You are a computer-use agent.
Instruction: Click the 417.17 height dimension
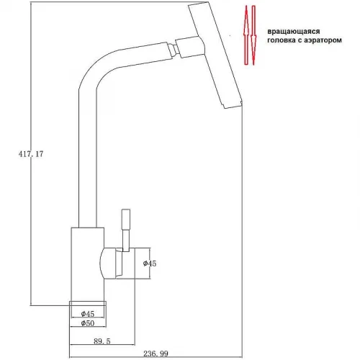[31, 154]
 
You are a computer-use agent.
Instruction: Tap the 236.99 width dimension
[156, 354]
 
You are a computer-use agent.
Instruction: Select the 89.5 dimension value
[102, 341]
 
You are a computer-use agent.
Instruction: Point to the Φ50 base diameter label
[88, 323]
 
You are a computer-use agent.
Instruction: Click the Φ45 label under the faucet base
[88, 314]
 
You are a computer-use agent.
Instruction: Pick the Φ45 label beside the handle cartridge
[150, 264]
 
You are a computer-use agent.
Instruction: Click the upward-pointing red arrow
[246, 35]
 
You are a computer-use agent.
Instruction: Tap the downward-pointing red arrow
[253, 35]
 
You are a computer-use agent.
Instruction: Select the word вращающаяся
[294, 32]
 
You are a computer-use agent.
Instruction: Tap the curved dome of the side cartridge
[102, 264]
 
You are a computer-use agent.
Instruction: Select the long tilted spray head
[215, 55]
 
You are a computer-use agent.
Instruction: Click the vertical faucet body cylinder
[87, 264]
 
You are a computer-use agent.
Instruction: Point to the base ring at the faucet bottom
[88, 304]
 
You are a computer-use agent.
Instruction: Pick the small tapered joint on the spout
[172, 49]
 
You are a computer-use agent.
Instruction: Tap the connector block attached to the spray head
[190, 47]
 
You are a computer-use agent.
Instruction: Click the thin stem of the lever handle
[126, 240]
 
